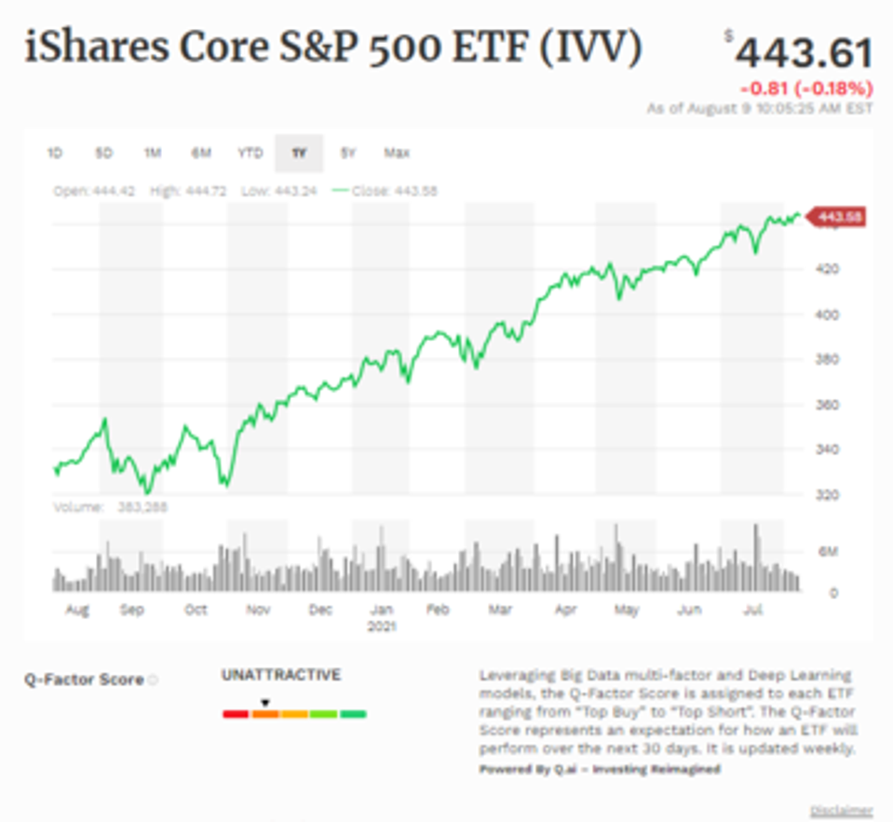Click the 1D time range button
pyautogui.click(x=55, y=153)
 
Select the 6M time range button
pyautogui.click(x=201, y=153)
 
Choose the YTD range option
pyautogui.click(x=250, y=153)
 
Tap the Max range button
pyautogui.click(x=397, y=153)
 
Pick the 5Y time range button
pyautogui.click(x=347, y=153)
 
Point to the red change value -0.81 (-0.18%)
pyautogui.click(x=806, y=89)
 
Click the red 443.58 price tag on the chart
pyautogui.click(x=838, y=217)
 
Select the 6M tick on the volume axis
pyautogui.click(x=828, y=551)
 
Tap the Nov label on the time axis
pyautogui.click(x=258, y=610)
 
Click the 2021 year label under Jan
pyautogui.click(x=382, y=626)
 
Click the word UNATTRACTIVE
pyautogui.click(x=280, y=675)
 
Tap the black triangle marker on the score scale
pyautogui.click(x=264, y=703)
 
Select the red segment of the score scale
pyautogui.click(x=235, y=715)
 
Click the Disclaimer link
pyautogui.click(x=842, y=810)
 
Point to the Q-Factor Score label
pyautogui.click(x=84, y=679)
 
